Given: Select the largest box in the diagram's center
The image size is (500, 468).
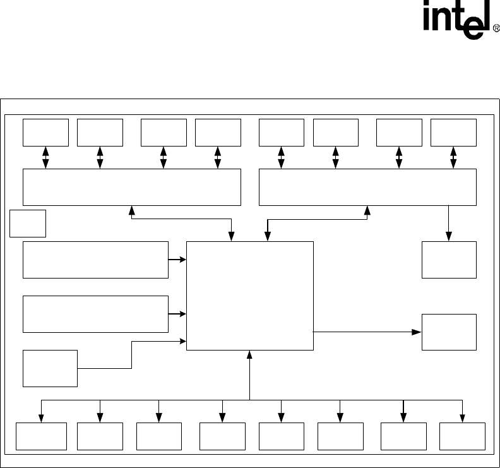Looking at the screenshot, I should point(250,295).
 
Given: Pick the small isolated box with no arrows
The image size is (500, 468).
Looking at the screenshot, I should point(28,224).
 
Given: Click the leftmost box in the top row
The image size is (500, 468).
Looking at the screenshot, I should point(45,131).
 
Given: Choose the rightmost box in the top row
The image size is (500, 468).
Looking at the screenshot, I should point(453,131).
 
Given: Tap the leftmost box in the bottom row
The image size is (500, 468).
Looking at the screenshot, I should point(41,436).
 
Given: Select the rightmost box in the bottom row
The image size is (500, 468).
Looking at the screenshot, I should point(462,436).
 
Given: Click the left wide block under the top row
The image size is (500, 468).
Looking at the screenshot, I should point(132,187).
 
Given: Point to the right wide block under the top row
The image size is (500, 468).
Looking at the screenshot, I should point(367,187).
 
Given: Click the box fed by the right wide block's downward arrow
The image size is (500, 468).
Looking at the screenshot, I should point(449,260).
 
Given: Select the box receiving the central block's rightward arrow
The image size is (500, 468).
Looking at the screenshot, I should point(449,332).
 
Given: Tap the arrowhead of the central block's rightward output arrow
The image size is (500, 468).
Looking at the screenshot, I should point(417,332).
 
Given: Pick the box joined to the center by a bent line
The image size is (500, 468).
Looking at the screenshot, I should point(50,368).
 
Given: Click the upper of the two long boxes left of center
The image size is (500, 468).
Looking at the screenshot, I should point(95,260).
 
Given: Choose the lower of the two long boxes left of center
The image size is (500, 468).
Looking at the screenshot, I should point(95,314).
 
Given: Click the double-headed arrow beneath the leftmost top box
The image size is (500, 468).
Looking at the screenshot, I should point(45,157).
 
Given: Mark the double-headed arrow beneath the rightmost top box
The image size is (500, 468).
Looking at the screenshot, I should point(453,157).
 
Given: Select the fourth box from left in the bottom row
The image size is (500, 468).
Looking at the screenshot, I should point(222,436).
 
